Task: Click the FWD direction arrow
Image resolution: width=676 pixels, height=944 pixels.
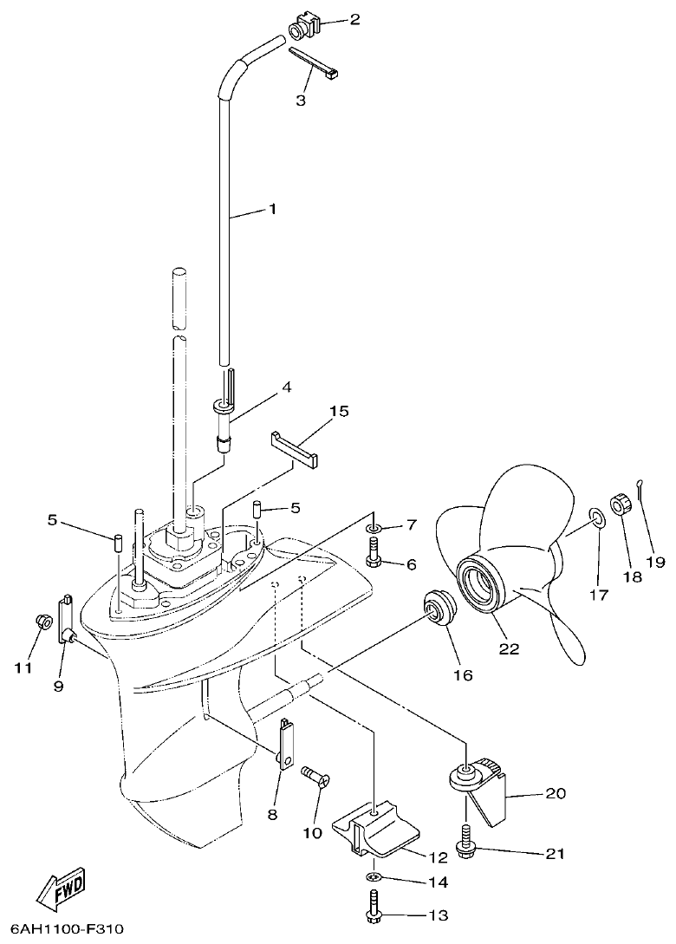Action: (62, 888)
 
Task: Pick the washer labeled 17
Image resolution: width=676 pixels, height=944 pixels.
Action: (597, 518)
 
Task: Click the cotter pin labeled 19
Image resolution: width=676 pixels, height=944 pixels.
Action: (644, 490)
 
